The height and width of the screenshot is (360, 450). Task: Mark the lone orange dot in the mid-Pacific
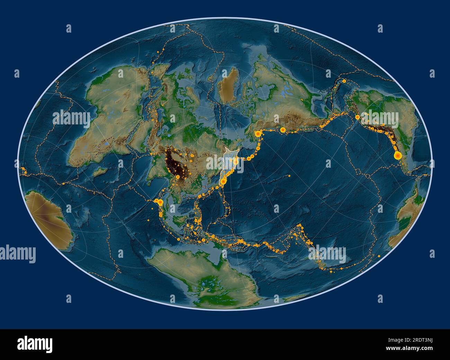(x=289, y=176)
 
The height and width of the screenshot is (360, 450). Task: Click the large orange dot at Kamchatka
(x=236, y=161)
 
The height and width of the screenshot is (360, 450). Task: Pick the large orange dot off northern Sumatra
(x=160, y=202)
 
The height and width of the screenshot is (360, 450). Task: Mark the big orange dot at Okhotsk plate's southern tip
(x=224, y=181)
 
